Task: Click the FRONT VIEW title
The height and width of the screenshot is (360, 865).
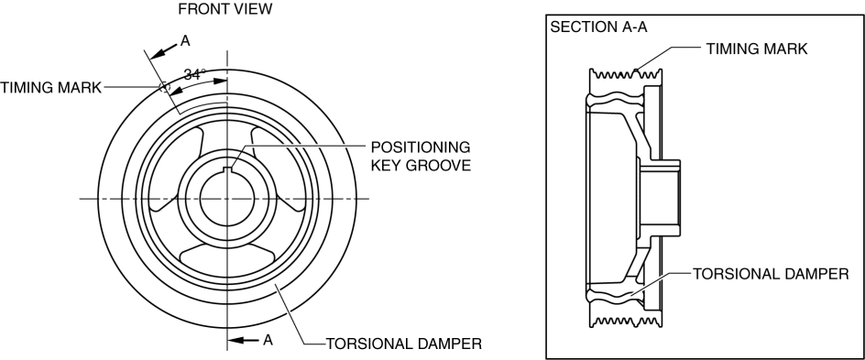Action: (225, 9)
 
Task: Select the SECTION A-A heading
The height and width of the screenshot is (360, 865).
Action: (598, 27)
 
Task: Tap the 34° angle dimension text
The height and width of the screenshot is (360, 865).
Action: (195, 74)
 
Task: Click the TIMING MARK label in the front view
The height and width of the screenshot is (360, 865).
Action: (50, 88)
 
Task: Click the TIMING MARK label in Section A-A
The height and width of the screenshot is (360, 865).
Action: (757, 49)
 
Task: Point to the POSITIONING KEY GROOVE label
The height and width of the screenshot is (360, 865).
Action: (421, 156)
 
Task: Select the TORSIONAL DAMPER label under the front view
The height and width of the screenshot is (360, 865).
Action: (404, 344)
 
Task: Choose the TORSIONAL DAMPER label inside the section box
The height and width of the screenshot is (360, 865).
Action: (771, 274)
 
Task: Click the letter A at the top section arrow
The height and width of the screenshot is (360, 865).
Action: (185, 41)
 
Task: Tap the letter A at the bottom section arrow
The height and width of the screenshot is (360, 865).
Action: (268, 340)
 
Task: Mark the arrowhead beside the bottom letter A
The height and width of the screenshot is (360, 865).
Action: (235, 340)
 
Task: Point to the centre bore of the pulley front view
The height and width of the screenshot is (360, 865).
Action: (227, 198)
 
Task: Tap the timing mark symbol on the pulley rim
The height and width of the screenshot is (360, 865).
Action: (163, 87)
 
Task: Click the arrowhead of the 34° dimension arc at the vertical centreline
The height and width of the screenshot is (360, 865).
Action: (221, 81)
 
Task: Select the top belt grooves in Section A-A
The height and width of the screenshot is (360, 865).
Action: (626, 74)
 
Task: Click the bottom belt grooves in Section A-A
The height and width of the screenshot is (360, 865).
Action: (626, 321)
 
